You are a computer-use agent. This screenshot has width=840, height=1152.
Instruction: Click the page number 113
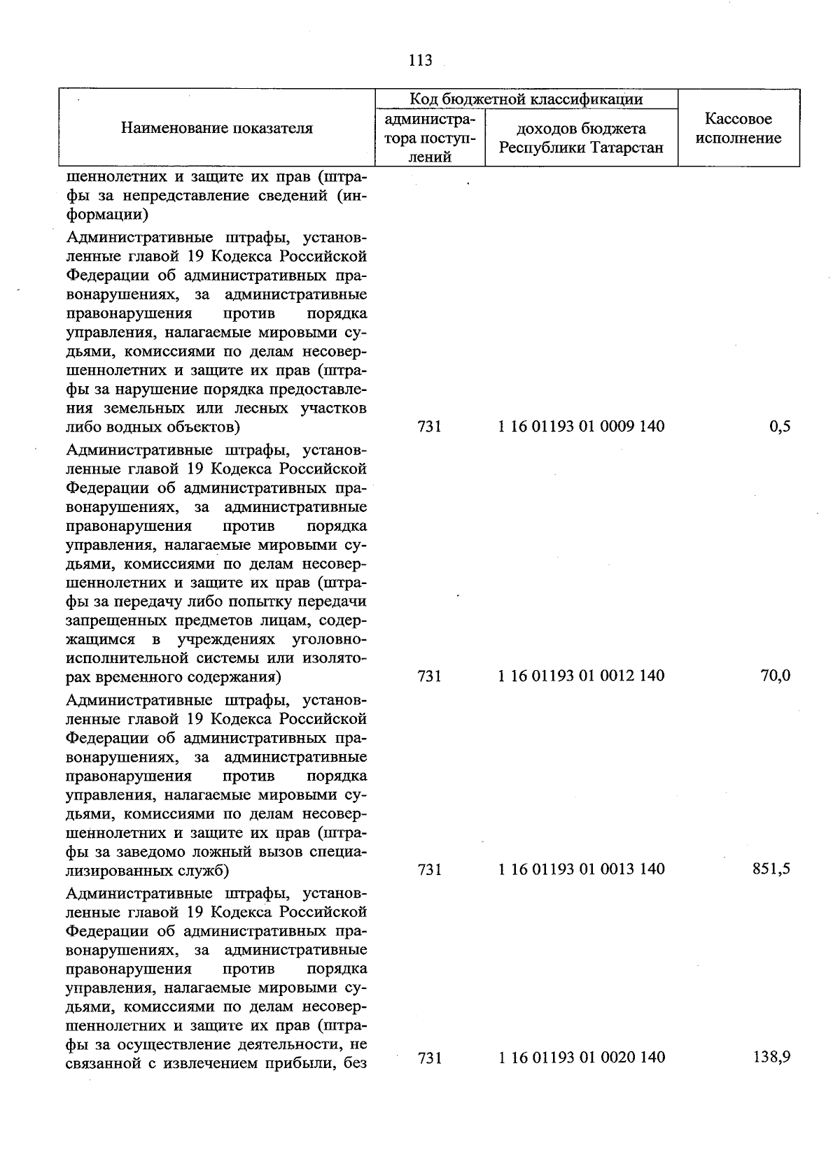point(420,61)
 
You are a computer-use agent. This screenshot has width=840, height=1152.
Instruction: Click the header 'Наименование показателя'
point(217,128)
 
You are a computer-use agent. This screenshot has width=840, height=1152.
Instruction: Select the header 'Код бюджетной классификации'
point(526,99)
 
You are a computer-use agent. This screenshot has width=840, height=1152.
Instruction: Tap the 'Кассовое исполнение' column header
point(738,129)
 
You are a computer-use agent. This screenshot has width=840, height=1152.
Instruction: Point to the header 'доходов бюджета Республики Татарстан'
point(581,138)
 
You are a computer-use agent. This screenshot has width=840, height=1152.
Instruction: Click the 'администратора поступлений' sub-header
point(429,138)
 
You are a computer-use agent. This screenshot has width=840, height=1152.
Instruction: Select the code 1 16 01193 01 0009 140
point(581,426)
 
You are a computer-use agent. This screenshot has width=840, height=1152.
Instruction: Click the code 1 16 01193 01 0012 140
point(581,676)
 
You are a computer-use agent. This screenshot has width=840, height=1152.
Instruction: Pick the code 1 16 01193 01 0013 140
point(581,869)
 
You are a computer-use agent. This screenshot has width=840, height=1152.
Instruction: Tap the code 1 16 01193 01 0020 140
point(581,1058)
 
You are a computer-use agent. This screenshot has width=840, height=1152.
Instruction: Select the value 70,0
point(776,676)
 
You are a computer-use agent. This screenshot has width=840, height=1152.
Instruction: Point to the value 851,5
point(771,869)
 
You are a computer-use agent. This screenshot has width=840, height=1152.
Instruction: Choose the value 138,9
point(771,1058)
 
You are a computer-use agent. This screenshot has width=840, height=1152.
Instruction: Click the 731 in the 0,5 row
point(429,426)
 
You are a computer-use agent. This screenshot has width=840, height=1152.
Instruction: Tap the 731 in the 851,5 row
point(429,869)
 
